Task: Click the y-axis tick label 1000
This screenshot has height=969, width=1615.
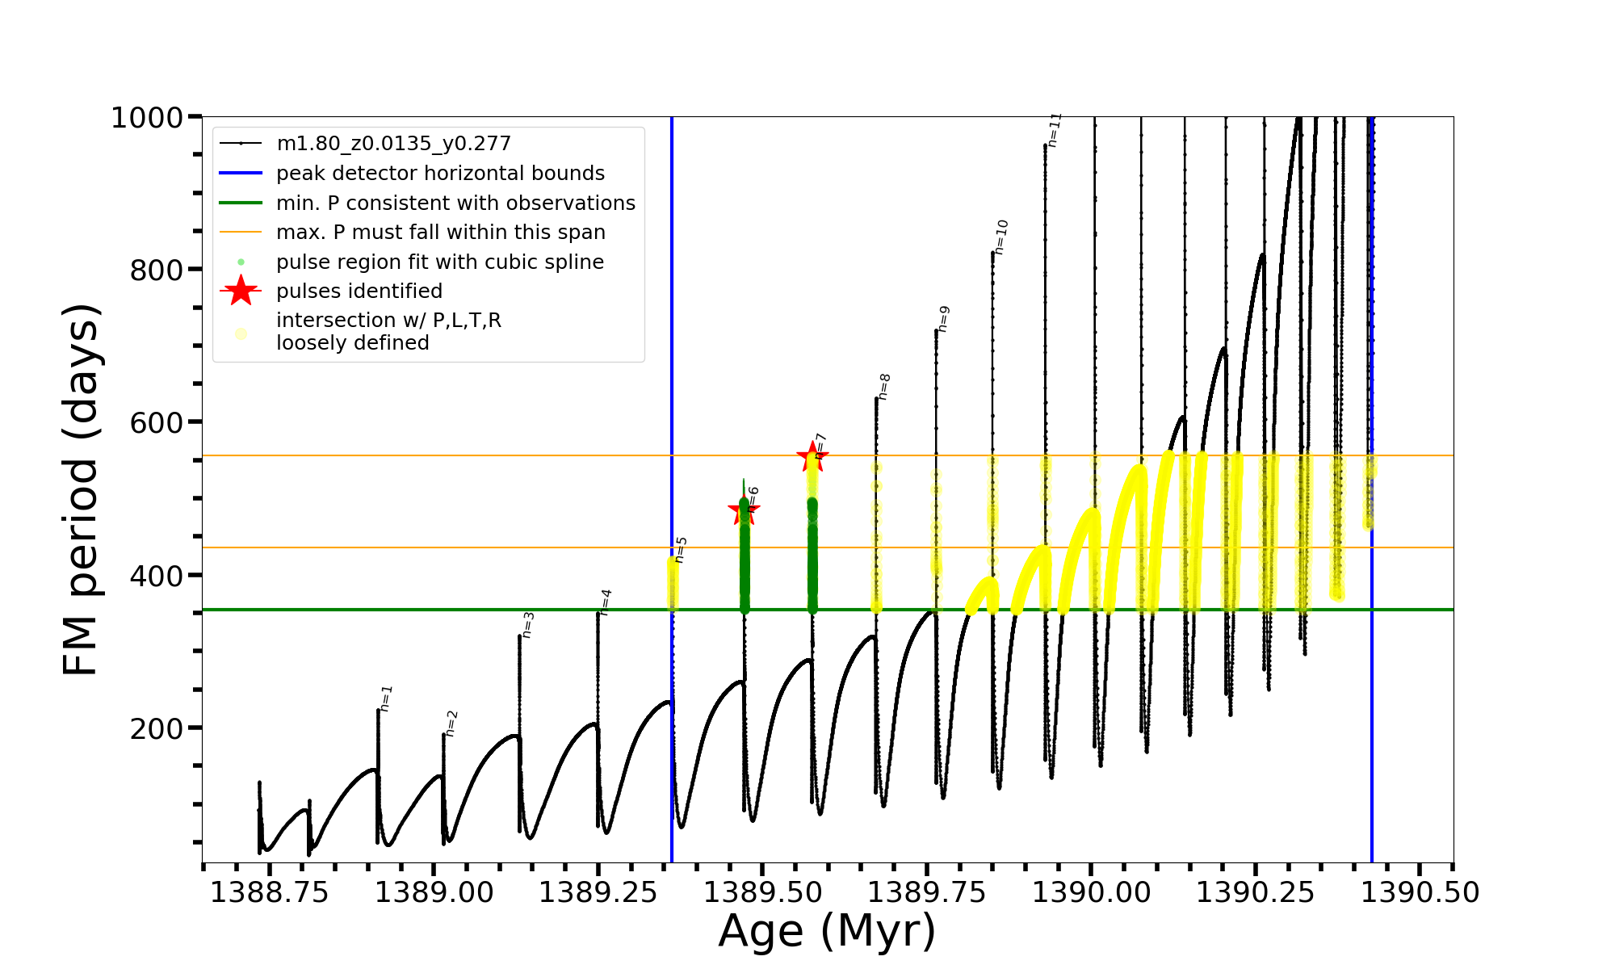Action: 147,118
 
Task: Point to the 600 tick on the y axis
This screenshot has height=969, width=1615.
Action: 157,422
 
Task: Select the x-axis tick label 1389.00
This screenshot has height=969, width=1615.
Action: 434,892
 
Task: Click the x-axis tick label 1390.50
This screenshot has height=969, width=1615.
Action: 1420,892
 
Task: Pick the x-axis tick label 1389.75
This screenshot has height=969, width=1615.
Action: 927,892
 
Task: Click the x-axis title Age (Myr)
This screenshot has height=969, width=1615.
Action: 827,931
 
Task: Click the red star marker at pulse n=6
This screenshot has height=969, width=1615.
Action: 744,510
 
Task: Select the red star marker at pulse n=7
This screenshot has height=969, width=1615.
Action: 812,457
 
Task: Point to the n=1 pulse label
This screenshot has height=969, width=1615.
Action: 386,698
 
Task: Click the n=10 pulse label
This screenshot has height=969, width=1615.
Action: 1001,237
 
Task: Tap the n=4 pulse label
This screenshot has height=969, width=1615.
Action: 606,602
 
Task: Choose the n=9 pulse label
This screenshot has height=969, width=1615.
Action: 943,319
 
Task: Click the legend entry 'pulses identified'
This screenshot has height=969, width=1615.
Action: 359,291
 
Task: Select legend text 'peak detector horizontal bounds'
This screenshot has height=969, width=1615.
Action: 440,173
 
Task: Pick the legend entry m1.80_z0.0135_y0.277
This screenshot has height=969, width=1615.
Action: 393,144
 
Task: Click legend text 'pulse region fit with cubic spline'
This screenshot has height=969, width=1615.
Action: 440,262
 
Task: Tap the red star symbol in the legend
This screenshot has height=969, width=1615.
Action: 241,291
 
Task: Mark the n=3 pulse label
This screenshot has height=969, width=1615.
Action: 528,625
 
